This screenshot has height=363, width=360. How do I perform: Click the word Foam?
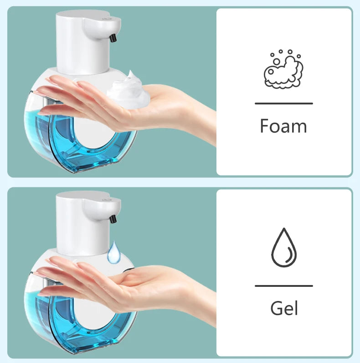click(283, 126)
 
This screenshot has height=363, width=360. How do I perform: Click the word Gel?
click(284, 308)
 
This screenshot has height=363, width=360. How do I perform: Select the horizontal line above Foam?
click(283, 104)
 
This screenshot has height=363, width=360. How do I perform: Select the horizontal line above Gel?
click(283, 286)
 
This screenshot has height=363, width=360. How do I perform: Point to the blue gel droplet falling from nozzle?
click(114, 253)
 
